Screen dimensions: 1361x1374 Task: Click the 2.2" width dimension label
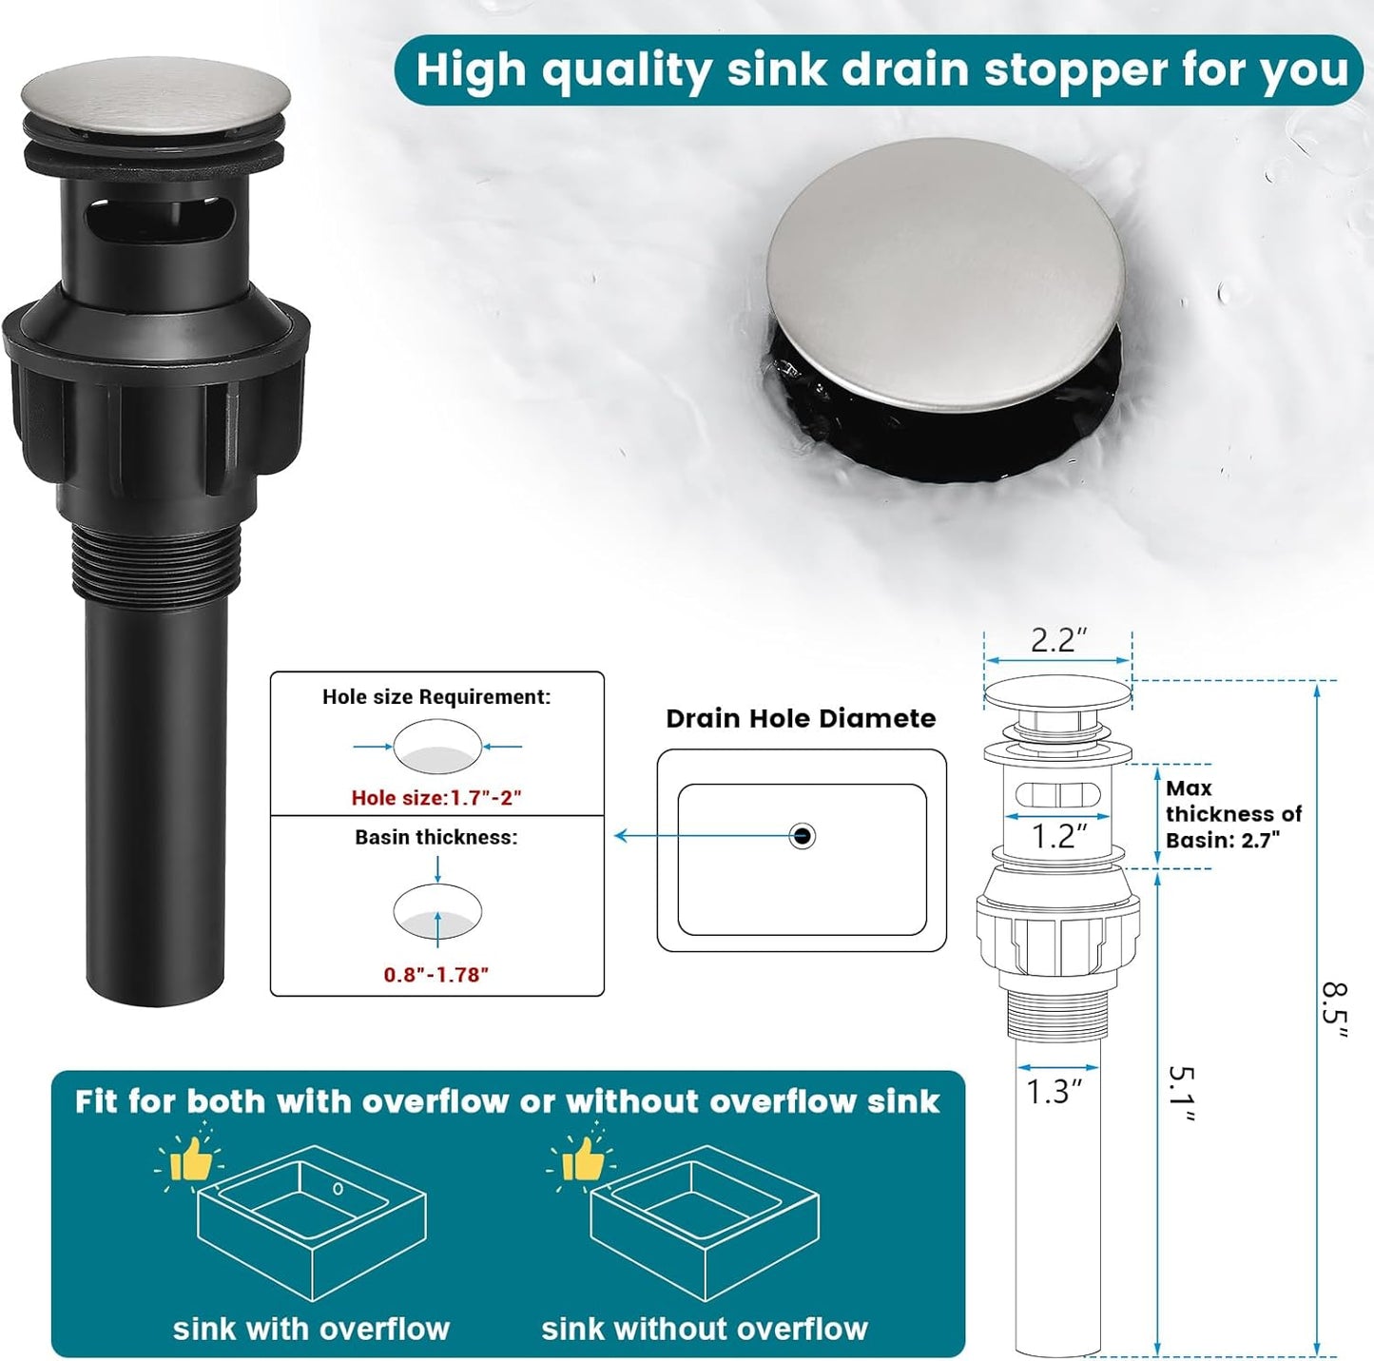click(1057, 640)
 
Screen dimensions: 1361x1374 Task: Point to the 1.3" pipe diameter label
click(1054, 1092)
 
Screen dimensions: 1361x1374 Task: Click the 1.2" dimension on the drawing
click(1058, 837)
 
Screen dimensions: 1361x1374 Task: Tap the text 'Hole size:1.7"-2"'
click(436, 798)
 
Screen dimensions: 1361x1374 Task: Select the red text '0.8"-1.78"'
click(436, 975)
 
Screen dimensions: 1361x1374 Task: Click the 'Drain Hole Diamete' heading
click(801, 719)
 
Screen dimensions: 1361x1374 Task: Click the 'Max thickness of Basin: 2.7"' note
click(1232, 814)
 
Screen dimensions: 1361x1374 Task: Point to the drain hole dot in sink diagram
click(803, 836)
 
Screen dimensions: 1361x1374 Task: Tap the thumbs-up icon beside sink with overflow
click(189, 1159)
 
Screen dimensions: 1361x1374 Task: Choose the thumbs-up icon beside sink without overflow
click(581, 1159)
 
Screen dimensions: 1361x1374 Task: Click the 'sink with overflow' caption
click(311, 1329)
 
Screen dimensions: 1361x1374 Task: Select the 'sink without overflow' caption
click(705, 1329)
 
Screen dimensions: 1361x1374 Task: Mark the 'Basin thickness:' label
click(436, 838)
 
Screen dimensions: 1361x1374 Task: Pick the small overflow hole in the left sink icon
click(338, 1189)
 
